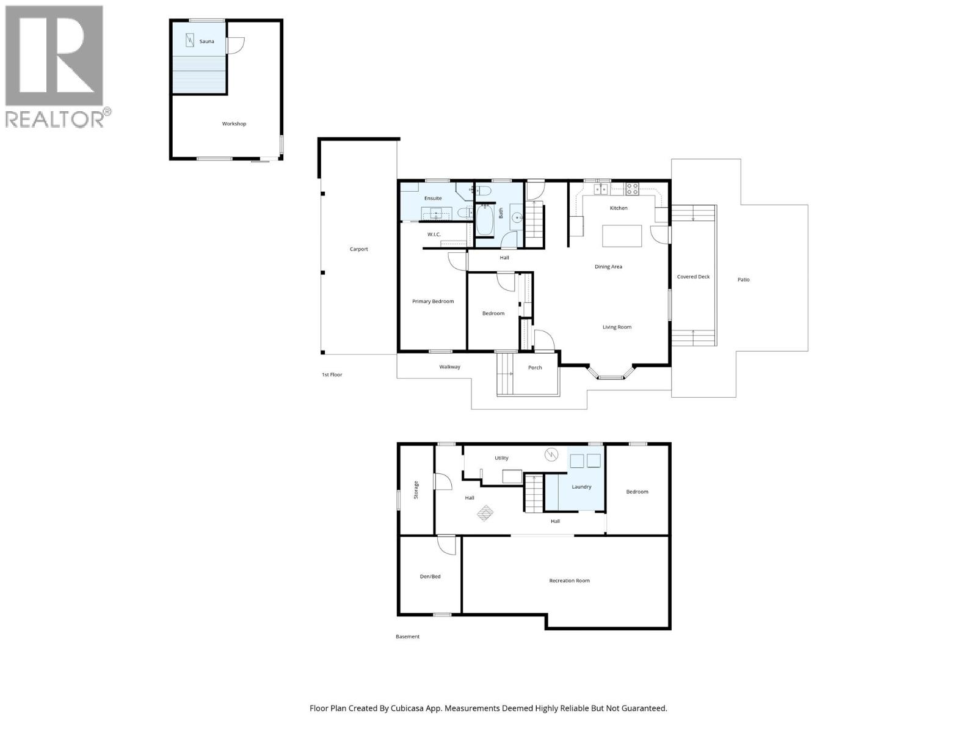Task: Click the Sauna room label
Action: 206,42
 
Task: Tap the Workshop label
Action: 234,124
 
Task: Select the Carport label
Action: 358,249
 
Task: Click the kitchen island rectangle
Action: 622,236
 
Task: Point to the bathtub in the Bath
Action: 485,221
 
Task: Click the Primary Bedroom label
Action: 433,301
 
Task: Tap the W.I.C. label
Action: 434,235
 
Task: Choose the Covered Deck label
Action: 693,277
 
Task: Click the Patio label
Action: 743,280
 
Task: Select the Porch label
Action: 535,368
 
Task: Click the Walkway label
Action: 449,367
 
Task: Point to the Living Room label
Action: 617,327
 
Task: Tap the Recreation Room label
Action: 569,581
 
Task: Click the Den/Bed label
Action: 430,577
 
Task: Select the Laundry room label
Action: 581,487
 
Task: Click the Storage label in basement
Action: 416,490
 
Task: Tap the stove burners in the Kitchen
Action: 631,189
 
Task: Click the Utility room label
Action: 501,458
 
